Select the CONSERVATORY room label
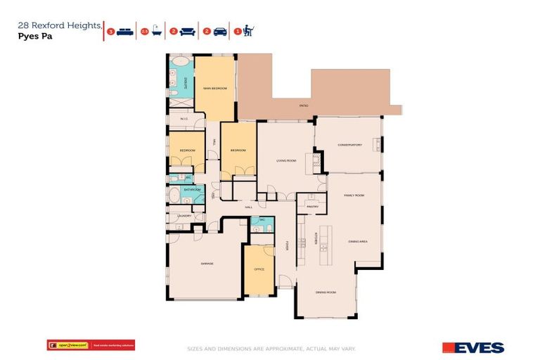click(x=349, y=145)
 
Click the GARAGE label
click(x=207, y=264)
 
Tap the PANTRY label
click(x=313, y=207)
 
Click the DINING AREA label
click(x=358, y=242)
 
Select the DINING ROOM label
click(x=326, y=292)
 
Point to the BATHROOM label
click(x=192, y=190)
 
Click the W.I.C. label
click(x=184, y=119)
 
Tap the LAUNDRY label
click(x=183, y=216)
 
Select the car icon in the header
click(x=219, y=31)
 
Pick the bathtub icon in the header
click(x=156, y=31)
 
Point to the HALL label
click(x=248, y=208)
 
